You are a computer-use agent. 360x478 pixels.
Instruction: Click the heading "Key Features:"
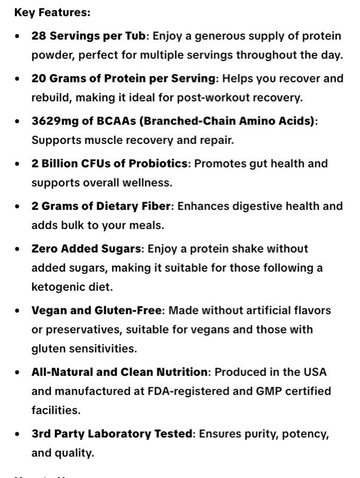[x=53, y=13]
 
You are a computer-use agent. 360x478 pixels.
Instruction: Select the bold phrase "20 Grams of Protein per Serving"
[x=124, y=78]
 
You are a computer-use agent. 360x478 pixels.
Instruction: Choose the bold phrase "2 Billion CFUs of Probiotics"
[x=110, y=163]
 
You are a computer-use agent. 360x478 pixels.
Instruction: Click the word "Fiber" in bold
[x=156, y=206]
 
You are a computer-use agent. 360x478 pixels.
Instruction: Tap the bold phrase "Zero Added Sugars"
[x=87, y=249]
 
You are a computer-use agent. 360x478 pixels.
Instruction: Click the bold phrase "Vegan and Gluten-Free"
[x=97, y=311]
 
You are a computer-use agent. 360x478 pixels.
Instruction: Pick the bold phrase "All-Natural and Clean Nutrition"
[x=119, y=372]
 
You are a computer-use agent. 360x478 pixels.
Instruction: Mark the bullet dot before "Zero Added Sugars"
[x=17, y=249]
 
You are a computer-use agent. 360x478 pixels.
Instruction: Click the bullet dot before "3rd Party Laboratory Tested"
[x=17, y=434]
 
